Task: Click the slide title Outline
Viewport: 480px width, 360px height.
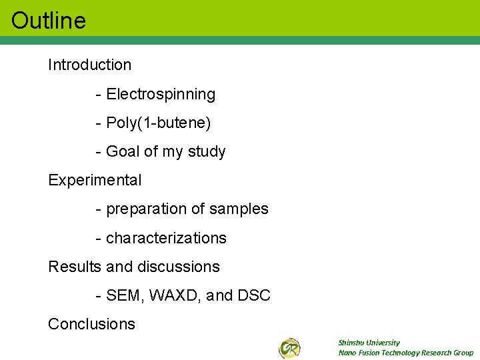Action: [x=49, y=20]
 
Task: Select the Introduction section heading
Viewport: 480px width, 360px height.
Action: [x=89, y=65]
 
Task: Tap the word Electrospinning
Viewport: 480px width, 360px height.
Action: [x=161, y=95]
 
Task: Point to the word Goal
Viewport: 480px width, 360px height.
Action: [x=123, y=152]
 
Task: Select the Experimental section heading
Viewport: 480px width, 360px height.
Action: [x=95, y=180]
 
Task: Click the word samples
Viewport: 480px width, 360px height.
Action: [x=239, y=209]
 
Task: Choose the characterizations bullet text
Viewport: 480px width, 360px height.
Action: [x=166, y=238]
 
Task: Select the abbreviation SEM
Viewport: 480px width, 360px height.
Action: [x=122, y=295]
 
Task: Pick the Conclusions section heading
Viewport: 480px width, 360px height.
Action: [x=91, y=324]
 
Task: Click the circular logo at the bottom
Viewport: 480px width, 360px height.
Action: [x=289, y=347]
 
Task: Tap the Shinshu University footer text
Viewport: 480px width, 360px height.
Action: [x=369, y=343]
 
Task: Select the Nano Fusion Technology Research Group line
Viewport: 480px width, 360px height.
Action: [x=405, y=353]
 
